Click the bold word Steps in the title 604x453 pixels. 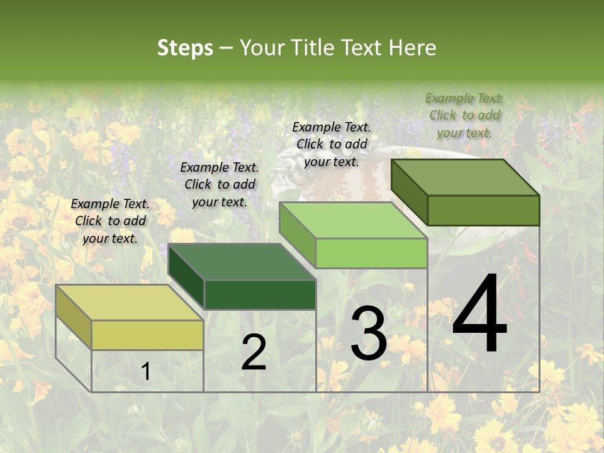185,48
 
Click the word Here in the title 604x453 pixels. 413,48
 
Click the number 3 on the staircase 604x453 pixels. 369,333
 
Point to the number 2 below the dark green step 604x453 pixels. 254,352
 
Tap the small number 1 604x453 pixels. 145,372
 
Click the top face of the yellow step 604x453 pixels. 128,303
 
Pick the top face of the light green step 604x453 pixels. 353,220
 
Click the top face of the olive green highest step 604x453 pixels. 466,177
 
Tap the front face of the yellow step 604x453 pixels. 147,335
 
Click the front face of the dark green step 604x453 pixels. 260,294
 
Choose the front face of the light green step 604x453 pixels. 371,254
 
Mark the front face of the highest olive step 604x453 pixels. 483,210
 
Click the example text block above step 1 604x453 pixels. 110,221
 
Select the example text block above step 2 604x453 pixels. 220,184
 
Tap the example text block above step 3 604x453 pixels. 332,144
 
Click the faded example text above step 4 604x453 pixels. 464,115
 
